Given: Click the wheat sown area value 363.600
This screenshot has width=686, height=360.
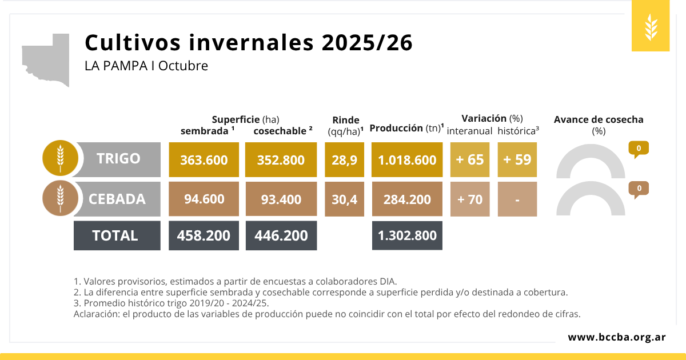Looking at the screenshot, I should pos(204,160).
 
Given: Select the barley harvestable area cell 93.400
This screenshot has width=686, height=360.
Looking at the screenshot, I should pos(281,199).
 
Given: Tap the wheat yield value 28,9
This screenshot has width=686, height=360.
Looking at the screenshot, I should pos(344,160).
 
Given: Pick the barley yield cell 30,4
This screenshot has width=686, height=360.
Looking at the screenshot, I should pos(344,199).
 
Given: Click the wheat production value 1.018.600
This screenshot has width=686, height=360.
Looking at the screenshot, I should pos(407,160).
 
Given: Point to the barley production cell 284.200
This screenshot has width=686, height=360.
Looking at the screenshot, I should pos(407,199).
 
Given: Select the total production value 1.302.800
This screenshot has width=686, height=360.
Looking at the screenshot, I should pos(407,235).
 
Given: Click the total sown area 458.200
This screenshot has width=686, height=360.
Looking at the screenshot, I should pos(204,235).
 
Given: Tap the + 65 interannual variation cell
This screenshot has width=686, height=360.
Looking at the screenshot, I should pos(470,160).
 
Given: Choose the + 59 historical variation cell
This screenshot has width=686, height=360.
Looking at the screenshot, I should pos(517,160).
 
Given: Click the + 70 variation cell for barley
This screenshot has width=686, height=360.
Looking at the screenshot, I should pos(470,199).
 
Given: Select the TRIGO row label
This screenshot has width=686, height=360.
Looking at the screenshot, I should pos(118,159).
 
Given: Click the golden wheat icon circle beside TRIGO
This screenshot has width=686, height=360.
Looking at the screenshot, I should pos(60,157).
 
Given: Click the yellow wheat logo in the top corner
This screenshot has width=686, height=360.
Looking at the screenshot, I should pos(651,26).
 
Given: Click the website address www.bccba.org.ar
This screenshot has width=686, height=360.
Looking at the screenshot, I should pos(616,337).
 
